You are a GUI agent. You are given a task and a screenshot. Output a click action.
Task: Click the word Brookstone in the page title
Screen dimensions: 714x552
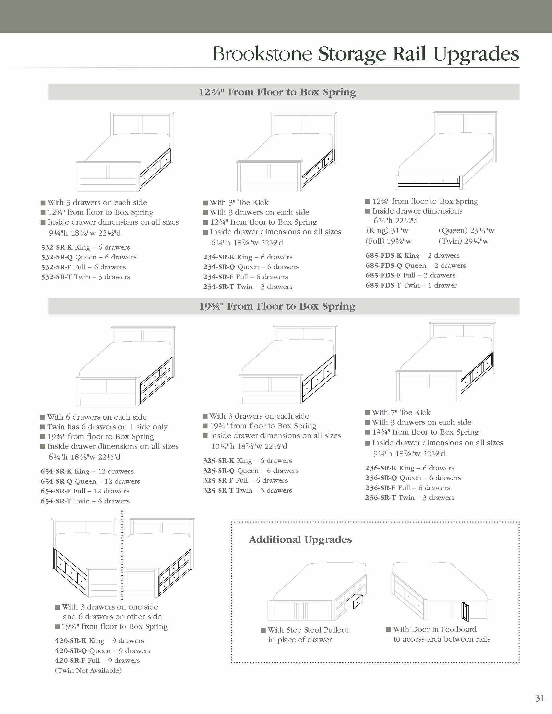click(262, 54)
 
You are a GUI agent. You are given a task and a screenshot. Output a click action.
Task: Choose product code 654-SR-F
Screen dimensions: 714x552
click(55, 491)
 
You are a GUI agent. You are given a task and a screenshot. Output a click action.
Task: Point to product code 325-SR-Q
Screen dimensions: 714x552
click(219, 471)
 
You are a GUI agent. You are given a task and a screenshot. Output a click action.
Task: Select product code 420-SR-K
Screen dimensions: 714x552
click(70, 641)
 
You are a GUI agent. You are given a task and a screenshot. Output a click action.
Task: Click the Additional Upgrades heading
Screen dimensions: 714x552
click(300, 540)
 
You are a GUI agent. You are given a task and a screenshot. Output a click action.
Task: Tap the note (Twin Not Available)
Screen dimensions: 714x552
click(88, 671)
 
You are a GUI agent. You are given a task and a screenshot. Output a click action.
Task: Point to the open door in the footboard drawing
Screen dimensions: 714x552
click(466, 611)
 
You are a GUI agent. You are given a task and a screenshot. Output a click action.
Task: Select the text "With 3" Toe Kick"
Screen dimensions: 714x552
click(239, 203)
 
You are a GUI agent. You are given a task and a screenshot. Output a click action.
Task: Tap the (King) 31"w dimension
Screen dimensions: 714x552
click(387, 231)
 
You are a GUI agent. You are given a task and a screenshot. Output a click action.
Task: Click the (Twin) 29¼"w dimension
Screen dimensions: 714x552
click(463, 241)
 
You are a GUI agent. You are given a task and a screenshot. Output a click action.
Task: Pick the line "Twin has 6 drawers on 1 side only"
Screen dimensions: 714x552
click(107, 427)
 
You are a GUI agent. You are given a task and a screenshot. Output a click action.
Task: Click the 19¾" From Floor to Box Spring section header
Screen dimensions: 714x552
click(277, 306)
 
